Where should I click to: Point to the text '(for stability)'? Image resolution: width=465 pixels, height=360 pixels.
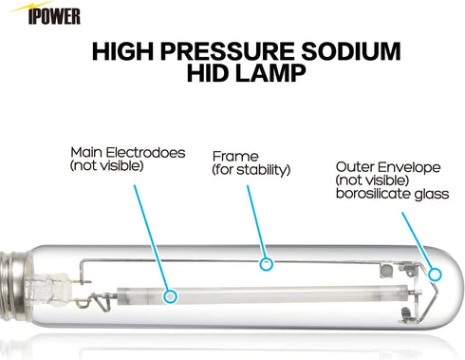tap(251, 170)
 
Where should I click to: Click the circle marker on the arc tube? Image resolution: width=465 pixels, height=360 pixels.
tap(171, 295)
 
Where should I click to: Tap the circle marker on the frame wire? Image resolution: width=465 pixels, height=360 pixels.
tap(268, 263)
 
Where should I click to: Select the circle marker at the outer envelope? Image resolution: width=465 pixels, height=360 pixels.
tap(436, 274)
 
